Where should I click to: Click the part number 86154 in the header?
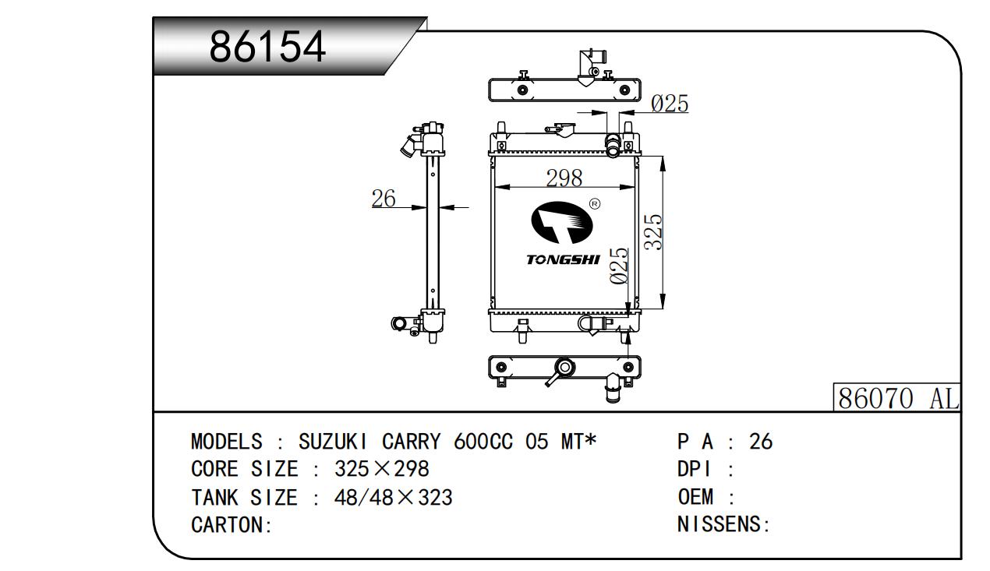[267, 48]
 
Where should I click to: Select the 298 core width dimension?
[564, 178]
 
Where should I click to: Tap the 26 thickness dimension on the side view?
[384, 199]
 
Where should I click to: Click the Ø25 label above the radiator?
[669, 104]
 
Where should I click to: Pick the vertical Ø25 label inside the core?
[620, 266]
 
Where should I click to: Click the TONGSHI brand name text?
[563, 259]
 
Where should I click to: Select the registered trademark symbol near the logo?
[595, 204]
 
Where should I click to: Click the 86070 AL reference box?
[896, 398]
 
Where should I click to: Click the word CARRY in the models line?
[411, 442]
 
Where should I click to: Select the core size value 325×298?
[382, 469]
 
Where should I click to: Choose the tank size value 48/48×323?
[393, 497]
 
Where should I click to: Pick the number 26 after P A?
[760, 442]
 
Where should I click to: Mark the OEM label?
[696, 497]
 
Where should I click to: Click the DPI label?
[695, 469]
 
